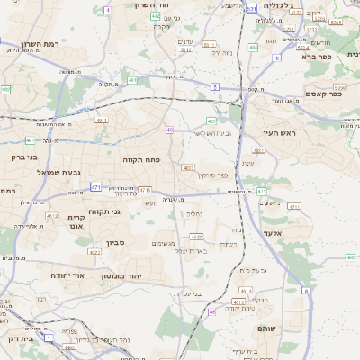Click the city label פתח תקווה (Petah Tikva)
coord(141,158)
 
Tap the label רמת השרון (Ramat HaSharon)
coord(40,44)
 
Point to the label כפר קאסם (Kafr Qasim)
coord(315,94)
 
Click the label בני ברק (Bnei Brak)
coord(19,156)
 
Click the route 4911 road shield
coord(101,119)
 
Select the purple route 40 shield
coord(169,130)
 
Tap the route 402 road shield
coord(156,16)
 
